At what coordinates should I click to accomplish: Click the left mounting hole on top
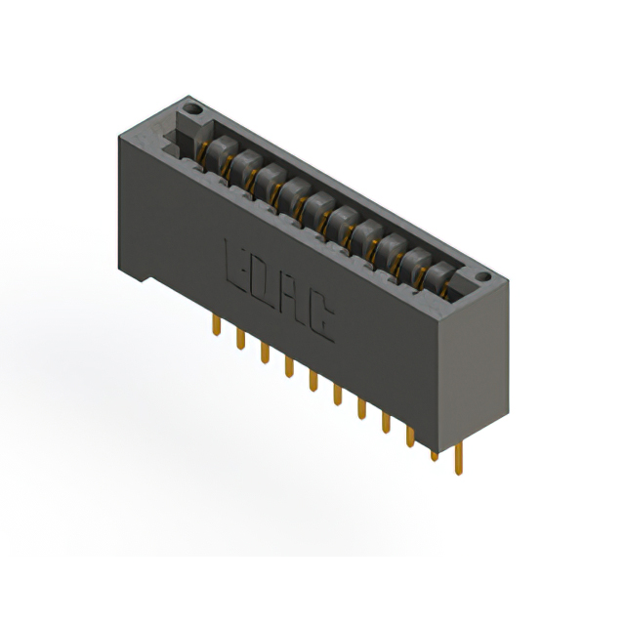(x=191, y=108)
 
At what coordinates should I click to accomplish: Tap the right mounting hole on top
(x=483, y=276)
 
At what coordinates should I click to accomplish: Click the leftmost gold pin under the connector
(x=217, y=325)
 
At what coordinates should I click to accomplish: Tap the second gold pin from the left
(x=241, y=339)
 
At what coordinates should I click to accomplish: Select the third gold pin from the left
(x=265, y=354)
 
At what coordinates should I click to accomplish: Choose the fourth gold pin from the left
(x=289, y=367)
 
